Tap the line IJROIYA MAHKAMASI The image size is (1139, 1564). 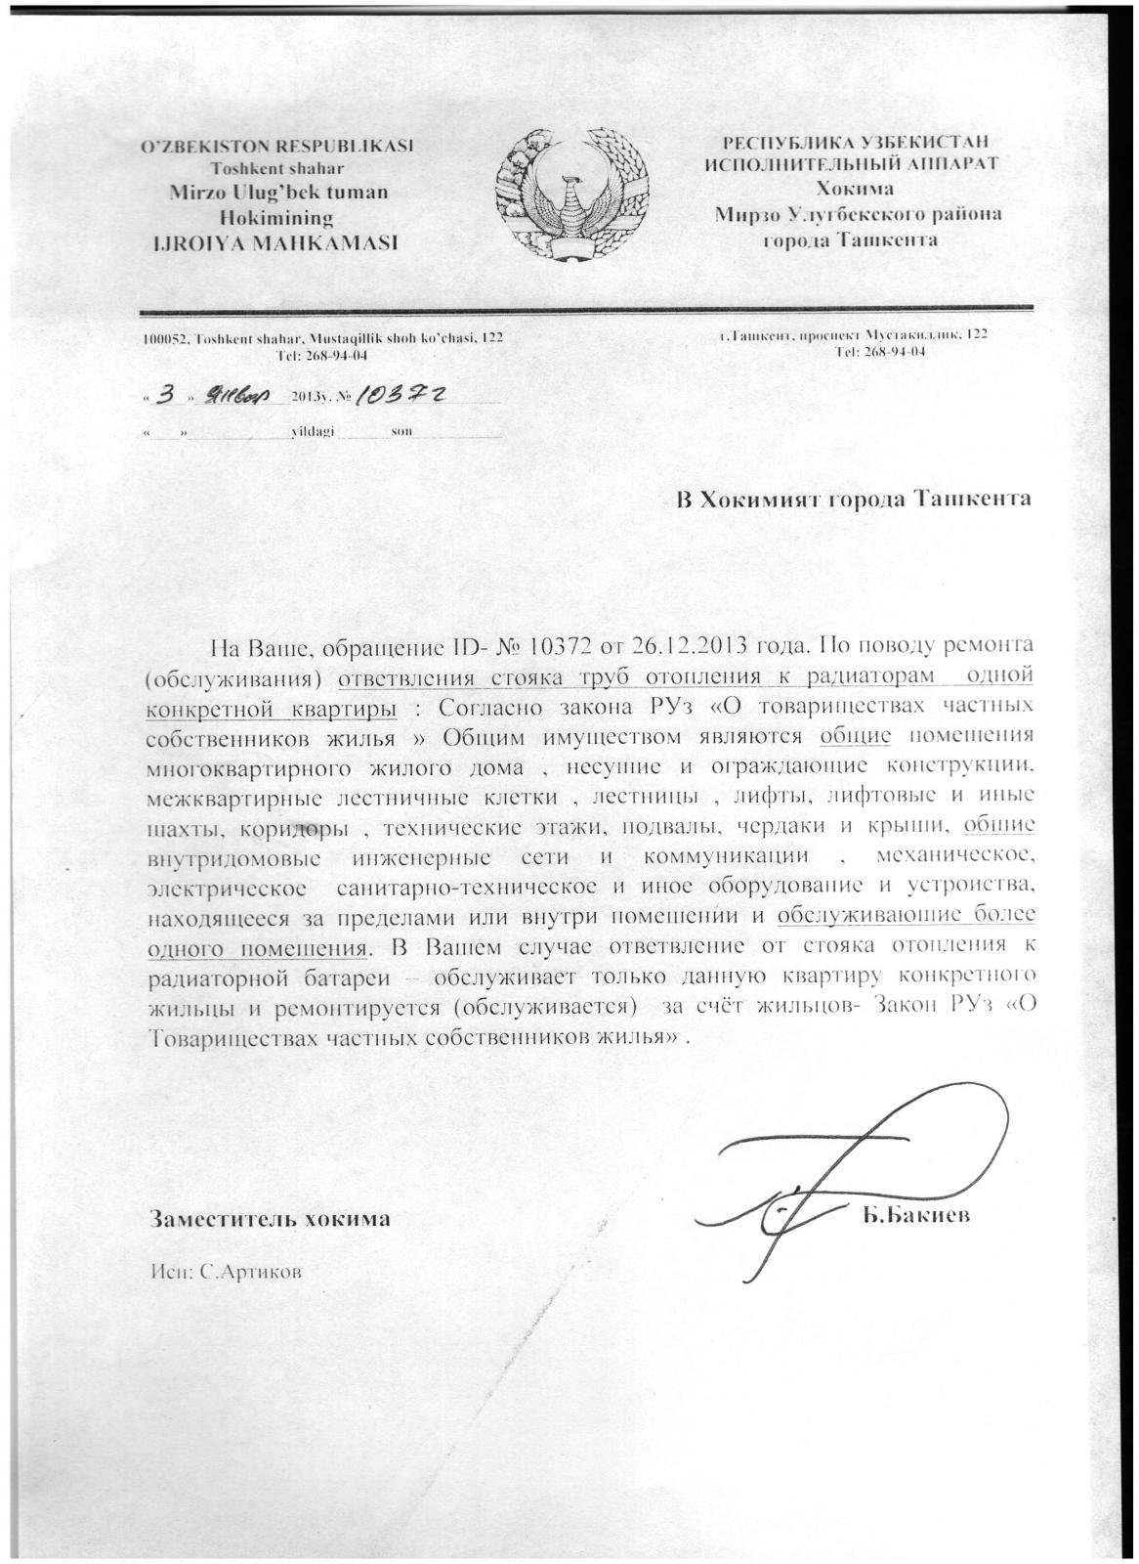pos(273,242)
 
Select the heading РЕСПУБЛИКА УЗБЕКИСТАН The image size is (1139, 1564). pos(849,143)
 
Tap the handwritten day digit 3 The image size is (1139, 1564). pos(170,395)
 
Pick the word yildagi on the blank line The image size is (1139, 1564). pos(314,431)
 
